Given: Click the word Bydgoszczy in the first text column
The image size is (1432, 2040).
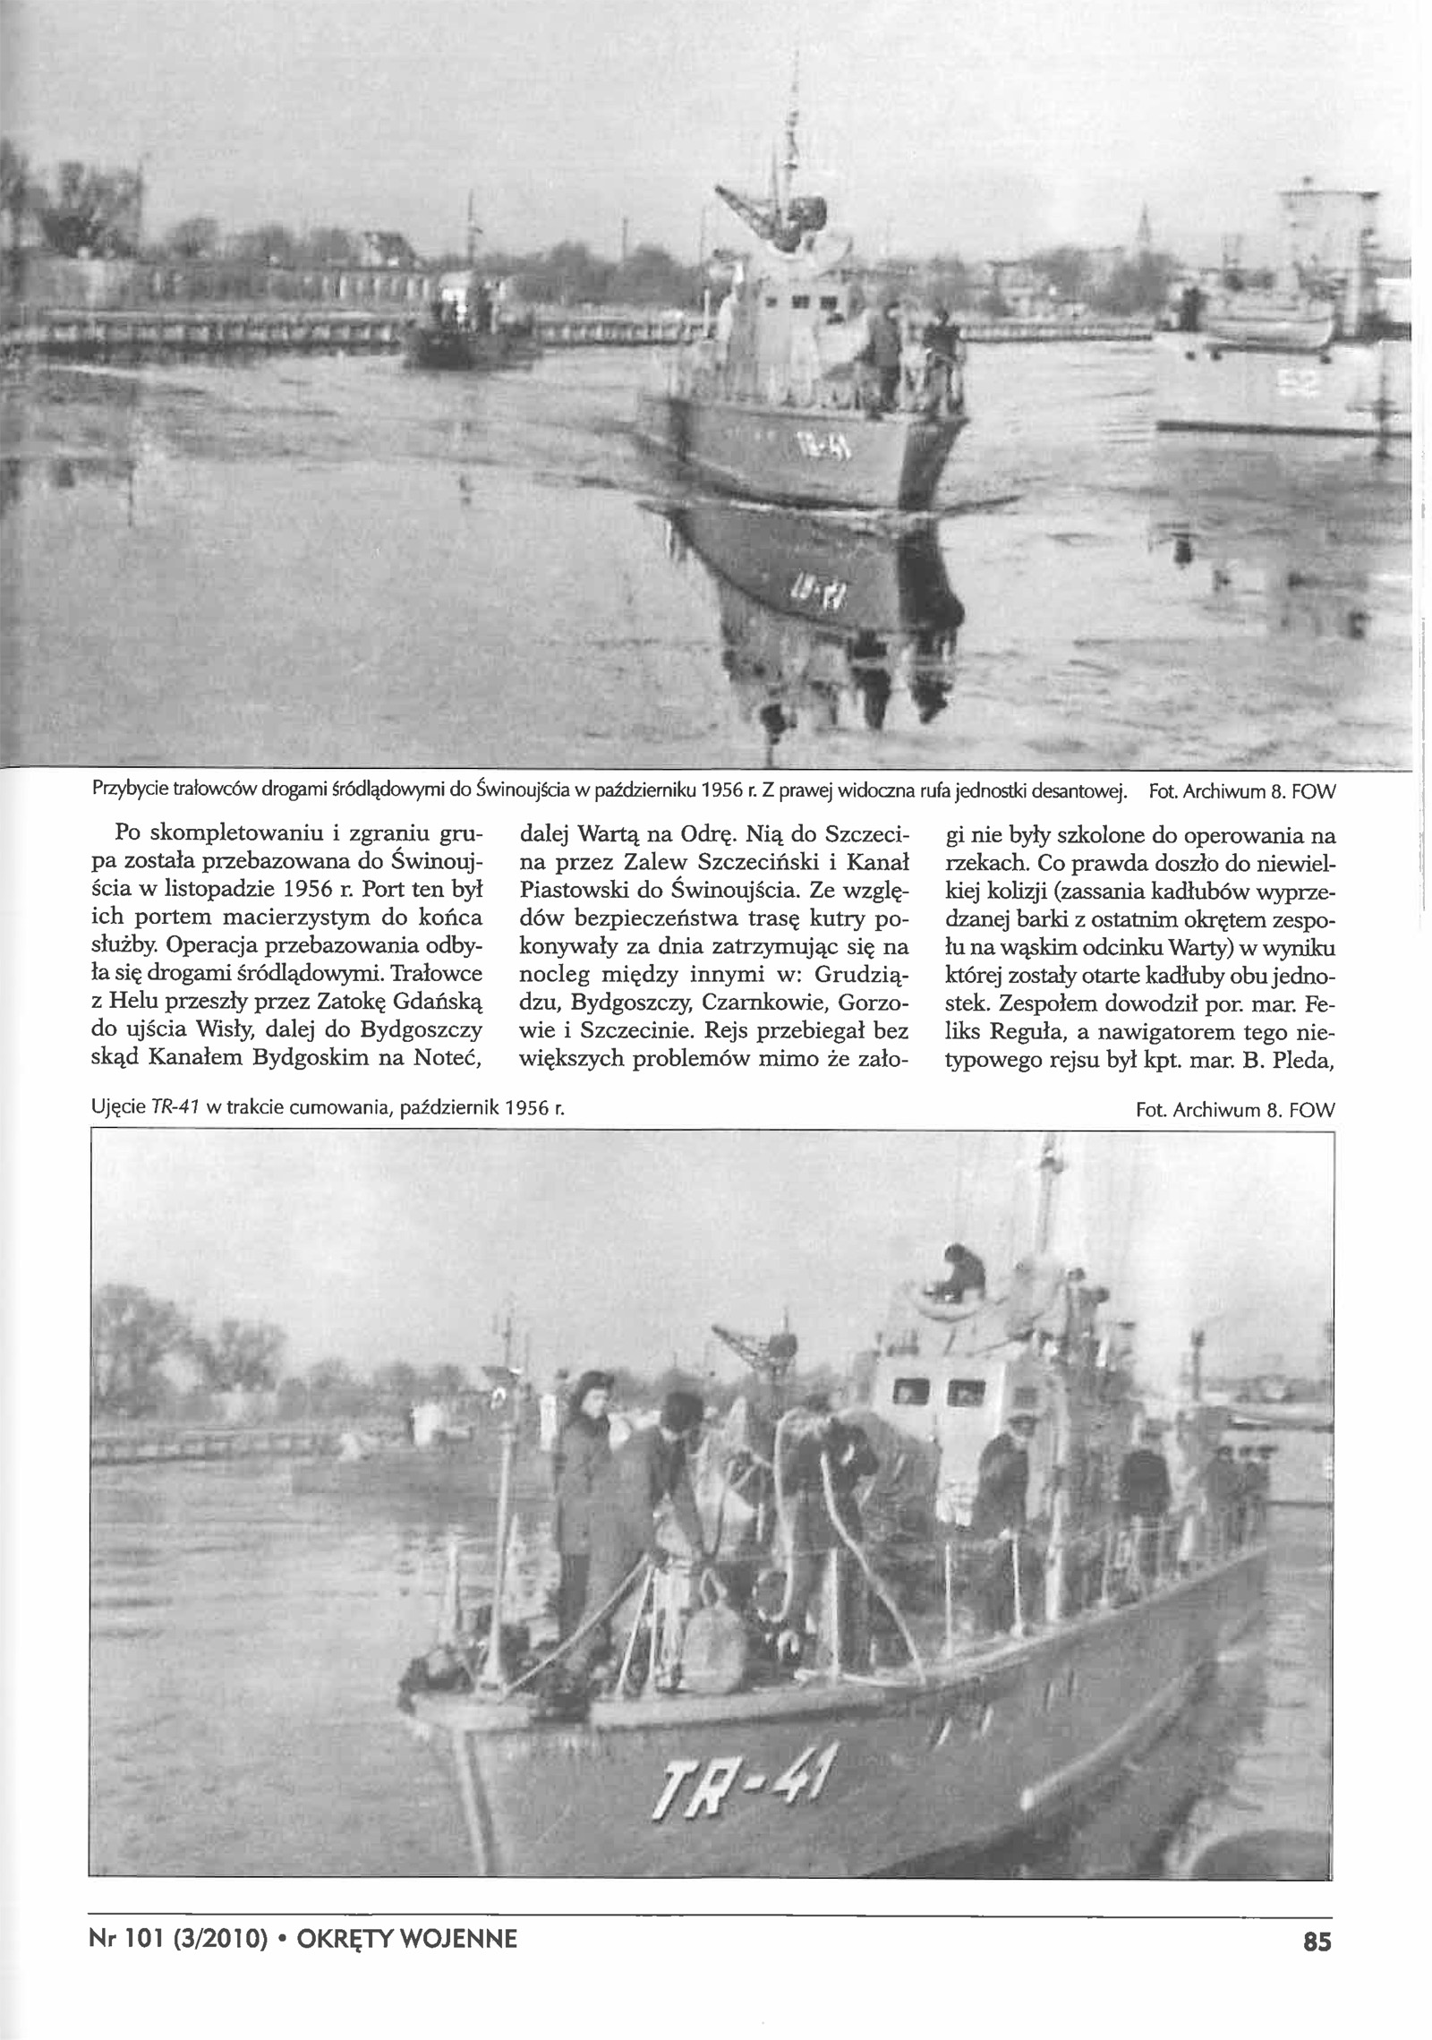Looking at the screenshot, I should coord(434,1029).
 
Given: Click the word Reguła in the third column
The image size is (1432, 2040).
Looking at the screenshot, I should coord(1028,1029).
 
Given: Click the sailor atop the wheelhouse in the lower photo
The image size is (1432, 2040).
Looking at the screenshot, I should coord(963,1265).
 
